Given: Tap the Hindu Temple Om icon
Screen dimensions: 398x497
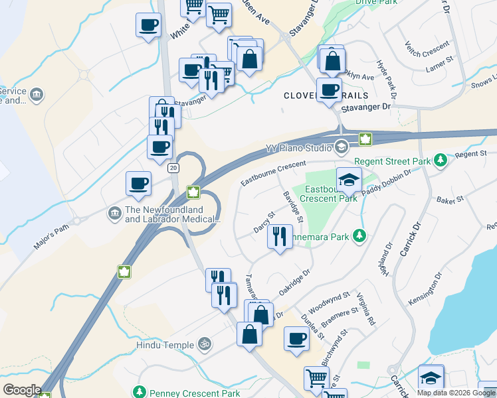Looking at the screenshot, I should click(x=206, y=345).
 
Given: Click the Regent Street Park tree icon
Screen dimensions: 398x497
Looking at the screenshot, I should click(x=439, y=161).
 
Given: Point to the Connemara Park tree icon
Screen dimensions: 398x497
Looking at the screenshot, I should click(x=359, y=235).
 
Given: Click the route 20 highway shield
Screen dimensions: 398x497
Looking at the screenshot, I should click(x=173, y=168).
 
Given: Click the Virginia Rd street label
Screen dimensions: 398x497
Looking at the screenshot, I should click(x=366, y=309).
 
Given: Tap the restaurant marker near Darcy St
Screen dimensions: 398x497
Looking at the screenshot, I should click(x=280, y=237).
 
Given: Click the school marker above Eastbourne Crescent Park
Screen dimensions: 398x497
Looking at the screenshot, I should click(x=349, y=179).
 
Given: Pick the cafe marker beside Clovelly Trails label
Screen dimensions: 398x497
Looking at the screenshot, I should click(x=328, y=90).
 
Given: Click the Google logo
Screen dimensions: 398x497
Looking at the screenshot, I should click(x=22, y=390).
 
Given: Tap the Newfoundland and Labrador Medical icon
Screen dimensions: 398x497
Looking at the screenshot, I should click(x=114, y=213).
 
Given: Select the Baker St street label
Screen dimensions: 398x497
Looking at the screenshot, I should click(x=448, y=199).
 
